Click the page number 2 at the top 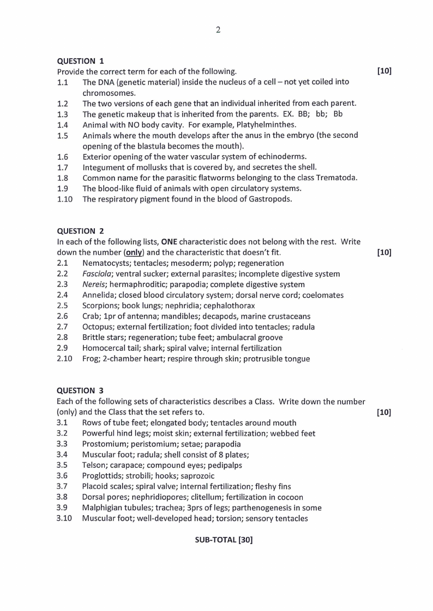tap(218, 30)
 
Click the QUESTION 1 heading tap(81, 60)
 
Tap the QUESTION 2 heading tap(81, 230)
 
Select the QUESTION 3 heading tap(81, 390)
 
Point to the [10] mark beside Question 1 tap(384, 71)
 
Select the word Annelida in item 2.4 tap(98, 295)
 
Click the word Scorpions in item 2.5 tap(100, 305)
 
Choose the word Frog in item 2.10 tap(91, 359)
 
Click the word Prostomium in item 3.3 tap(103, 444)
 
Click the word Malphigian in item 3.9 tap(102, 508)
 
